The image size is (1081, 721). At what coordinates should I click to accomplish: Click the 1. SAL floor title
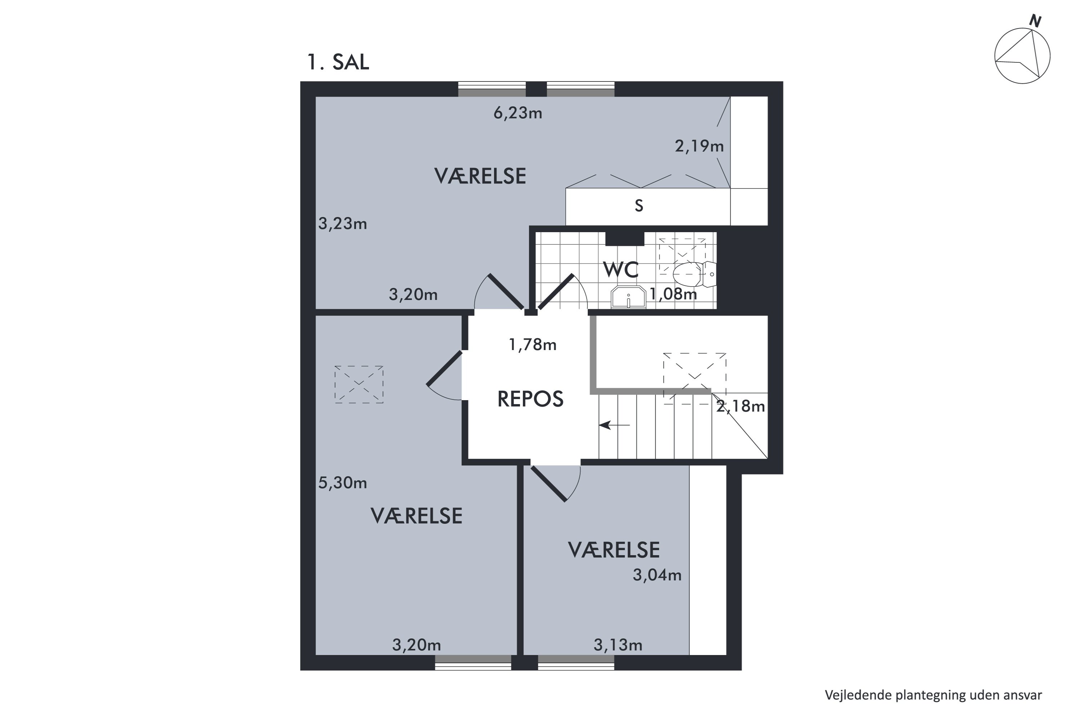coord(338,62)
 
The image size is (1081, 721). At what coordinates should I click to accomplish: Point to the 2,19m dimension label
coord(699,146)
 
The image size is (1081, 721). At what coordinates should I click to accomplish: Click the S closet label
coord(639,205)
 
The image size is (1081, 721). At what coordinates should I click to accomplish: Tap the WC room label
coord(620,270)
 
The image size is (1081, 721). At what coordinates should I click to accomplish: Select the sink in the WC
coord(628,297)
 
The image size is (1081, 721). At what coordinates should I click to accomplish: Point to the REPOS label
coord(530,399)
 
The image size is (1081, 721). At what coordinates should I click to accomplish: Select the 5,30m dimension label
coord(342,483)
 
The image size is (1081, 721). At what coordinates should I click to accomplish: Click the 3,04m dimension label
coord(657,575)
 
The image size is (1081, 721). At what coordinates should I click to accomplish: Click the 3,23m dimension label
coord(342,224)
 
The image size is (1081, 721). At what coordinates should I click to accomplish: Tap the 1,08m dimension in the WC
coord(673,294)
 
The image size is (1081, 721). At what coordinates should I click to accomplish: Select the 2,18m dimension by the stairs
coord(740,406)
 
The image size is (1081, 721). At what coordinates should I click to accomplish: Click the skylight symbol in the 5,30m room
coord(359,384)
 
